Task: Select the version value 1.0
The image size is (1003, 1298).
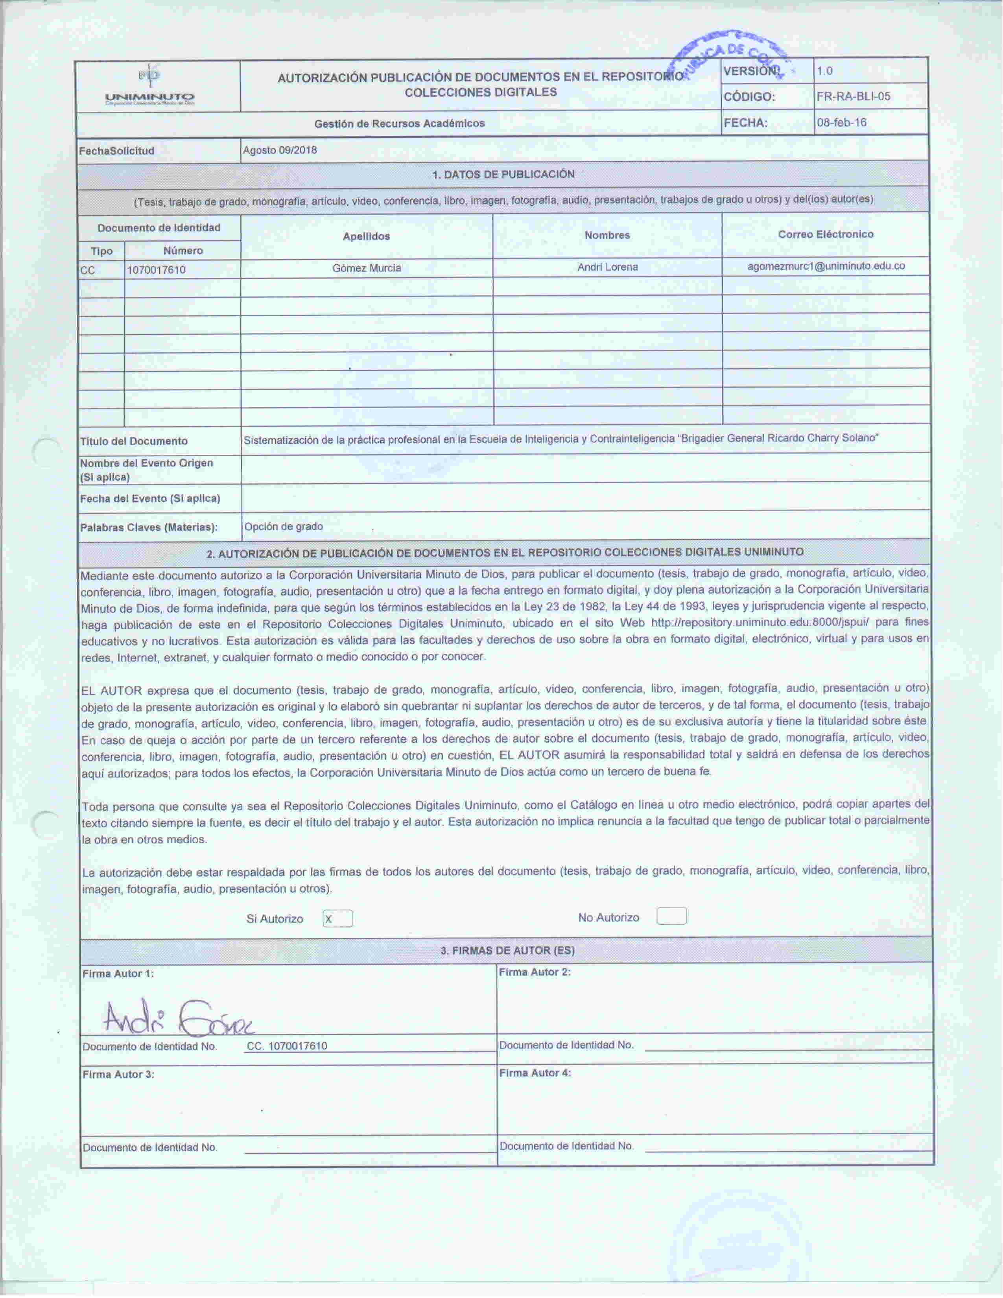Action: pos(825,71)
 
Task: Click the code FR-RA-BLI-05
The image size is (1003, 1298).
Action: pos(853,97)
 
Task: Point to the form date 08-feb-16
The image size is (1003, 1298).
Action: pos(841,123)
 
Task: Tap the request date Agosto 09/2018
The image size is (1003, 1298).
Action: pos(280,150)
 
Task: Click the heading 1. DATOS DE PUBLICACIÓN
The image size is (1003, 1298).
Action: pos(503,175)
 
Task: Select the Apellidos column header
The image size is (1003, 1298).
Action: pos(366,236)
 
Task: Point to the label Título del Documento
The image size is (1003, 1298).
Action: pos(134,441)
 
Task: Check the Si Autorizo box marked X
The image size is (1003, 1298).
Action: pos(337,919)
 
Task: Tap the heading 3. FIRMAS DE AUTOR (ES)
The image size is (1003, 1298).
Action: pos(507,950)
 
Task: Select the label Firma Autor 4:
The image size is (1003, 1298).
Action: pos(535,1073)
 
